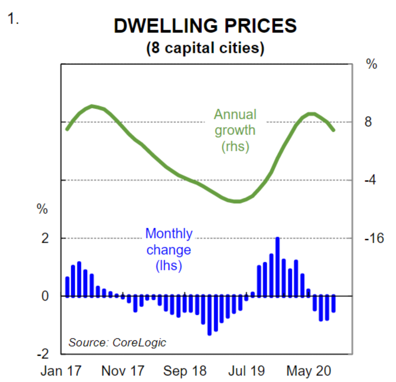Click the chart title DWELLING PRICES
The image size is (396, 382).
pos(205,26)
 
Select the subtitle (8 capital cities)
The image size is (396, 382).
pos(205,48)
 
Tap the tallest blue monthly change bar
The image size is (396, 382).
pos(277,267)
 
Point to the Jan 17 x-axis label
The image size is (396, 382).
pos(61,371)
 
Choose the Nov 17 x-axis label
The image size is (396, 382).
pos(123,371)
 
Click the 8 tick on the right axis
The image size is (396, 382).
pos(368,122)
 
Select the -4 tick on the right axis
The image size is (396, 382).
pos(371,180)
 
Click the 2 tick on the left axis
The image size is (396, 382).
pos(45,238)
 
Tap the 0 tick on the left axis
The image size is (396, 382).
pos(45,296)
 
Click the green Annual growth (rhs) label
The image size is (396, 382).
pos(235,131)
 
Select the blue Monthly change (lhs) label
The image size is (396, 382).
pos(169,250)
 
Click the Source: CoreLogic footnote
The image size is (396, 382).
pos(117,342)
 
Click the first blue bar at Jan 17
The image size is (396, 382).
pos(68,286)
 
